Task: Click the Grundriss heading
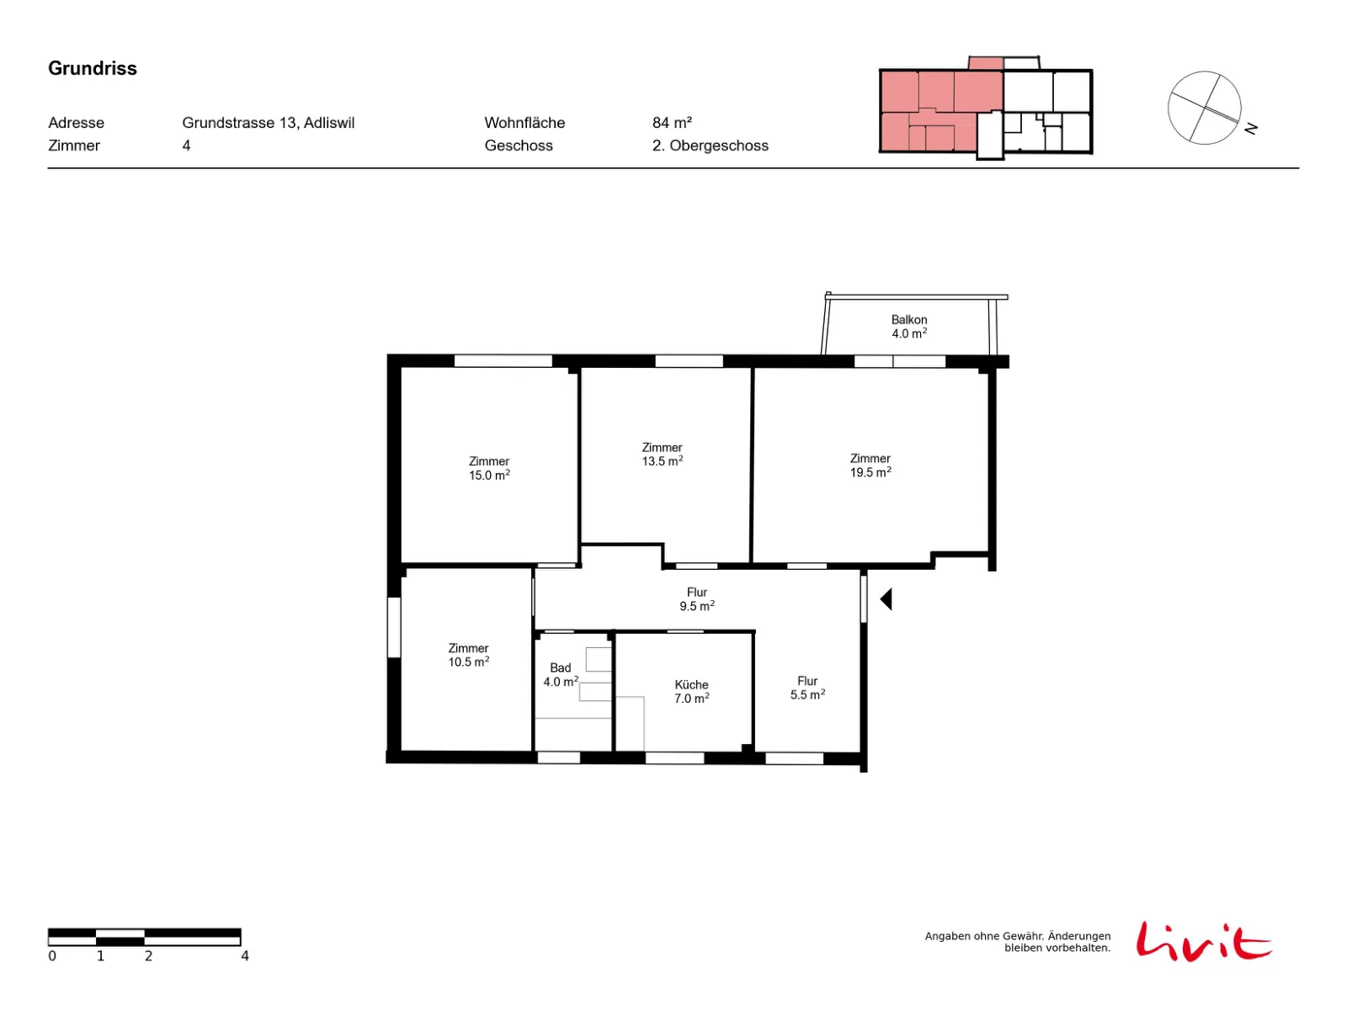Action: (x=92, y=68)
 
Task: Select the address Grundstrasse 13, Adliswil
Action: (x=269, y=123)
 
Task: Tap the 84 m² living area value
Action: (x=672, y=123)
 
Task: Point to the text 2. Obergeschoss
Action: (x=710, y=146)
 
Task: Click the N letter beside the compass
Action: (x=1251, y=129)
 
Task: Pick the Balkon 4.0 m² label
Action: (x=909, y=327)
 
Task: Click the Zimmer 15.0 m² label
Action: (x=489, y=468)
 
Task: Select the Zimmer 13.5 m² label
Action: (x=663, y=454)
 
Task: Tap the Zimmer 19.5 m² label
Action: (x=870, y=465)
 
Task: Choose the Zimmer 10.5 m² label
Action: (x=468, y=655)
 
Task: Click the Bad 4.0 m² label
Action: (x=561, y=674)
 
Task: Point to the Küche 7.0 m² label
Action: (x=692, y=692)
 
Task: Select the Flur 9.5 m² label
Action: (x=696, y=599)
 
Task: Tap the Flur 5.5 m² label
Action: (x=807, y=688)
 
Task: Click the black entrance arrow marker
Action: (x=886, y=599)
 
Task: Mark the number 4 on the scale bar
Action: (x=244, y=956)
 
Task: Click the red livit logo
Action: (x=1203, y=941)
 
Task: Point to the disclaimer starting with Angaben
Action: (x=1018, y=942)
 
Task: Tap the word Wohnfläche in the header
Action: (x=524, y=123)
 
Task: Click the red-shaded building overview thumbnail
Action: (x=986, y=108)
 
